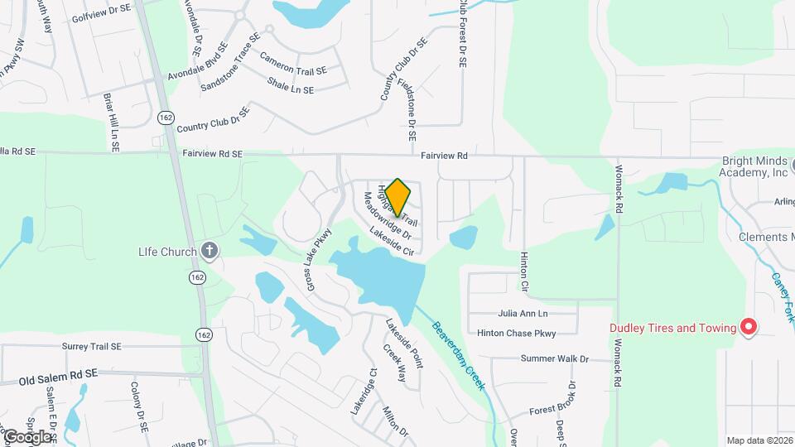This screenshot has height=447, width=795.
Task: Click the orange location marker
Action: tap(397, 196)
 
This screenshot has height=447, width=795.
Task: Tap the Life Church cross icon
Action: tap(210, 251)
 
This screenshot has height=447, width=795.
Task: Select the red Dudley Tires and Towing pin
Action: tap(749, 327)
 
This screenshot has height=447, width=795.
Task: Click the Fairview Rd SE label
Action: tap(213, 153)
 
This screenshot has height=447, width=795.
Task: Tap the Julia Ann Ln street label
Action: tap(523, 314)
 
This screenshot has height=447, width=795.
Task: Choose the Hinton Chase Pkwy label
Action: tap(516, 333)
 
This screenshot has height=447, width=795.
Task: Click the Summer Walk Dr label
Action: tap(554, 358)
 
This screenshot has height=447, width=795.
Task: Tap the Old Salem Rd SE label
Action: tap(57, 377)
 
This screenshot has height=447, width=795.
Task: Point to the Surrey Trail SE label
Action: tap(91, 346)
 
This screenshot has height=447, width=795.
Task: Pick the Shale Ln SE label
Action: tap(291, 85)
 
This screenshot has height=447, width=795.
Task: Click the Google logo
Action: tap(26, 436)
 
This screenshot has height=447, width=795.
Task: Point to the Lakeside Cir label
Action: tap(391, 239)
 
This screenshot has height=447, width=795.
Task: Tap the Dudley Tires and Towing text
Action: tap(672, 328)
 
